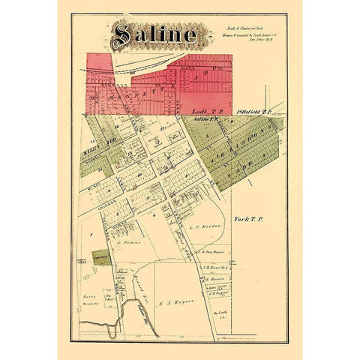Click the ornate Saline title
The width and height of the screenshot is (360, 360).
(x=156, y=34)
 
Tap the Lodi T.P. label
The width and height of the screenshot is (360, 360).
(x=202, y=110)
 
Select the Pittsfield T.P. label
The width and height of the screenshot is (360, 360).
(x=246, y=110)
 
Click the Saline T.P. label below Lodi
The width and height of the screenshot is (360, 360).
(x=205, y=118)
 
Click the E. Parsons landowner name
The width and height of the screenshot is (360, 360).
(x=130, y=243)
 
